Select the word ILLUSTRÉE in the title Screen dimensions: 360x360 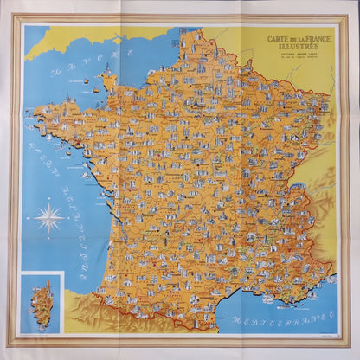tap(294, 46)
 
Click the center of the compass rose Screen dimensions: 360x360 tap(49, 216)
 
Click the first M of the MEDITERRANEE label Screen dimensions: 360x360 tap(235, 323)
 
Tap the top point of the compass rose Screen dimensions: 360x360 tap(49, 199)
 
